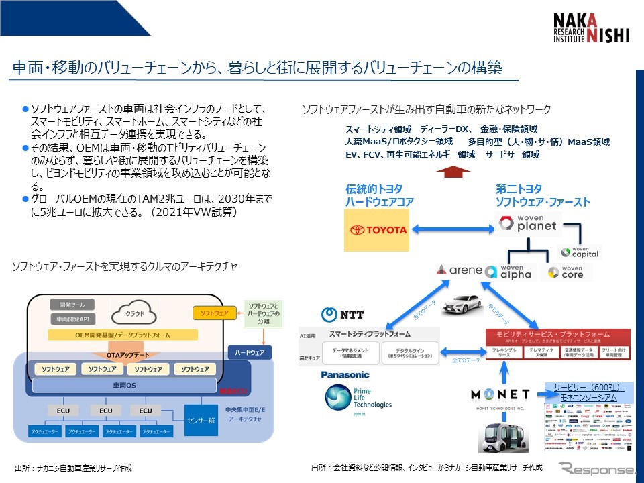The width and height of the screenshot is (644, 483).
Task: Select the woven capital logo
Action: point(580,252)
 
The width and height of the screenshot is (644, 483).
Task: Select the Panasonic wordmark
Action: point(345,376)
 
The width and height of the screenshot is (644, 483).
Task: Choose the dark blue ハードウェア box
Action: point(250,352)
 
